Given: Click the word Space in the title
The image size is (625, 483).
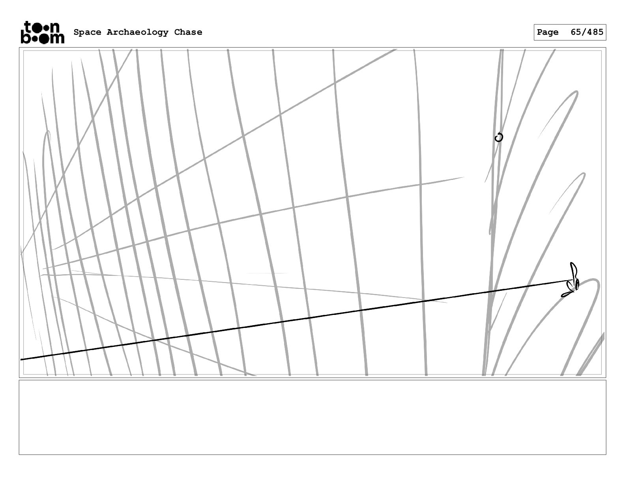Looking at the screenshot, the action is (x=87, y=32).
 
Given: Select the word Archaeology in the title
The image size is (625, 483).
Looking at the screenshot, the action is (x=137, y=32).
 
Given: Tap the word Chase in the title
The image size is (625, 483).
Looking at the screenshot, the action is (x=188, y=32).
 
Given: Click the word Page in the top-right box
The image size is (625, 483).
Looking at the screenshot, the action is (x=548, y=32).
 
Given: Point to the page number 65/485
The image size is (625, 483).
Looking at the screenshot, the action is (x=587, y=32).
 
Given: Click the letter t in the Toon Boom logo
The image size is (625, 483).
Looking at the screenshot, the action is (x=28, y=28).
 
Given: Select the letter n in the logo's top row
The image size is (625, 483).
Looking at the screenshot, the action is (x=55, y=28).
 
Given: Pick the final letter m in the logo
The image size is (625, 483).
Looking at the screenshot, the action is (x=57, y=38).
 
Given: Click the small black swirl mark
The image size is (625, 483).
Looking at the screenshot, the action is (x=499, y=137).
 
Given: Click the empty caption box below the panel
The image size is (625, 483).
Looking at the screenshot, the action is (x=312, y=417).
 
